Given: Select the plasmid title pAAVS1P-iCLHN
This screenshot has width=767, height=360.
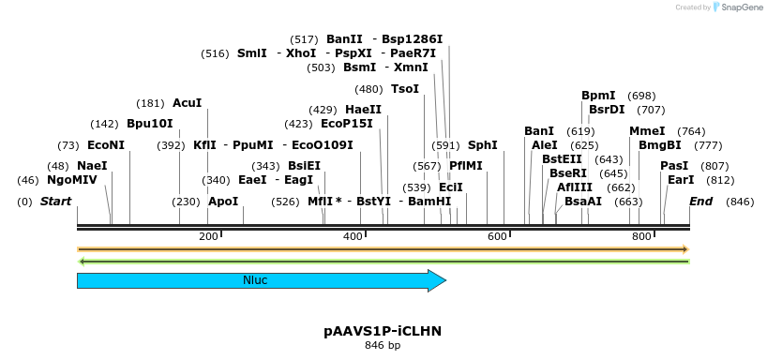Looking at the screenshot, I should click(383, 331).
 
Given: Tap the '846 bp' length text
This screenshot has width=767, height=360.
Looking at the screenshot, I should click(383, 346).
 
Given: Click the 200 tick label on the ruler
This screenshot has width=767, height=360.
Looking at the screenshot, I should click(208, 236).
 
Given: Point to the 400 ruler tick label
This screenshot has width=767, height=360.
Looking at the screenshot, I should click(353, 236).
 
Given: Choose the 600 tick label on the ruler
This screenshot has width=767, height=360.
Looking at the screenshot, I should click(497, 236).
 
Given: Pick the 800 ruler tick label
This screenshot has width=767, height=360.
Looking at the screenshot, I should click(641, 236).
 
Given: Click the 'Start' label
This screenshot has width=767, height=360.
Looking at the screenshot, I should click(56, 202).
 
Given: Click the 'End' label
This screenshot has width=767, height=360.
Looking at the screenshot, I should click(700, 202).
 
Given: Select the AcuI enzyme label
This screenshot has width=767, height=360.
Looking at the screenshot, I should click(188, 103).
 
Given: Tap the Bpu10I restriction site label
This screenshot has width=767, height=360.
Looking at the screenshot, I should click(150, 124).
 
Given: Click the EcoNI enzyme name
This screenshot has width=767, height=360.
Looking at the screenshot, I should click(105, 145).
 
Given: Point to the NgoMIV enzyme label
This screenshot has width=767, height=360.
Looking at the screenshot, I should click(72, 180).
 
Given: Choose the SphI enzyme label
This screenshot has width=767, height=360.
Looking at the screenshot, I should click(482, 145).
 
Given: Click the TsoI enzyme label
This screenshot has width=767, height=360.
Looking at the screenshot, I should click(405, 89).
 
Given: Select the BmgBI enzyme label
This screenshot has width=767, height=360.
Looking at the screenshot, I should click(660, 145).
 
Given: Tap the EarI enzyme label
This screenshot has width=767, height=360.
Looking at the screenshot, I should click(681, 180).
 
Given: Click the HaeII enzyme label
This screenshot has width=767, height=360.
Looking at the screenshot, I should click(363, 110).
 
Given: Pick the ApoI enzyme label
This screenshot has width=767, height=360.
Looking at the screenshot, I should click(223, 202).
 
